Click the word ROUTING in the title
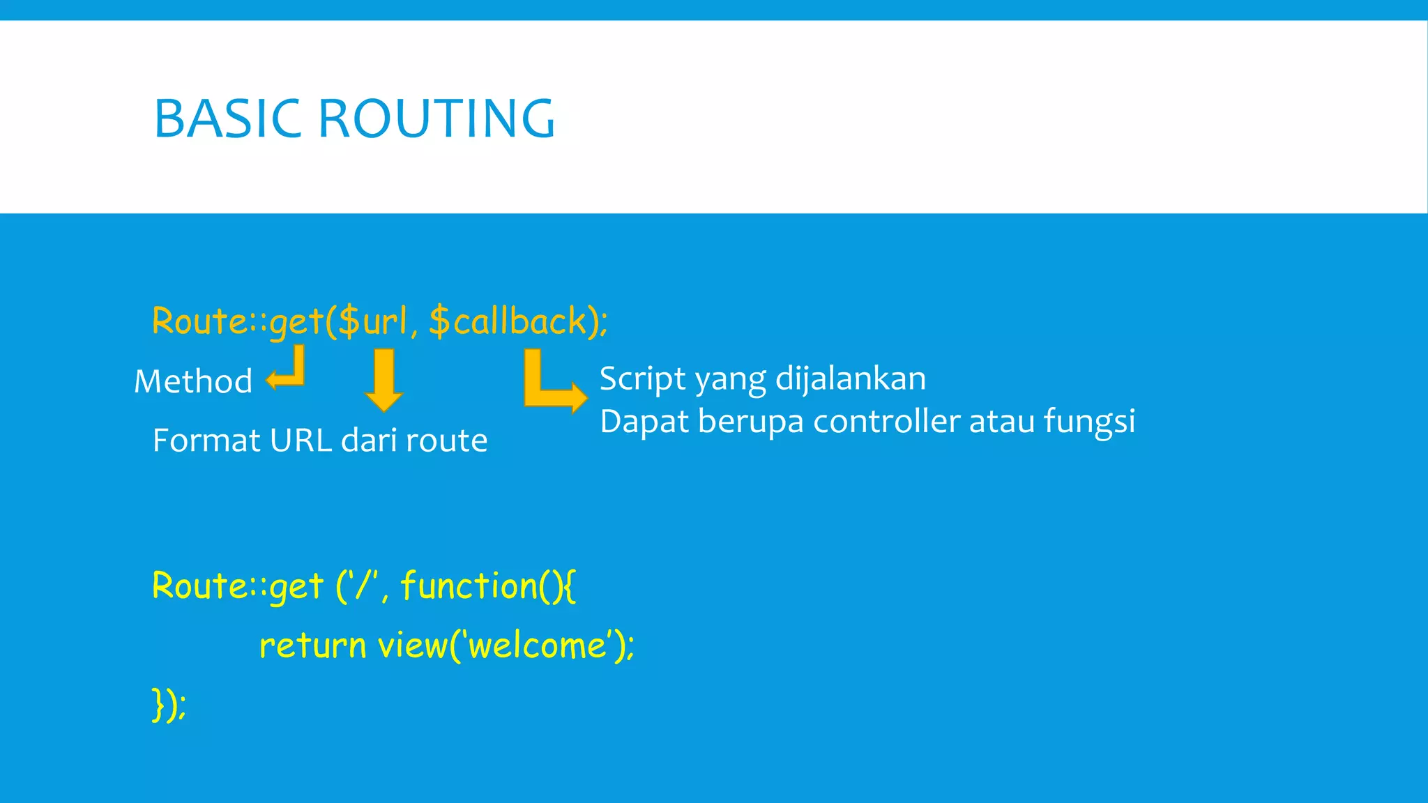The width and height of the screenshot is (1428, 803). tap(436, 118)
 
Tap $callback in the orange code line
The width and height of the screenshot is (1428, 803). tap(508, 321)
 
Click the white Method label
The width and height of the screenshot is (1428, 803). tap(193, 381)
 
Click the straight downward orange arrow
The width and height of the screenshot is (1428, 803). tap(384, 380)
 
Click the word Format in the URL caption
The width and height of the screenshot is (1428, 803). tap(206, 441)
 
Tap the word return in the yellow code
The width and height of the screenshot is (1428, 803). tap(312, 645)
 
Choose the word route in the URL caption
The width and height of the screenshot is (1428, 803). tap(446, 441)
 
